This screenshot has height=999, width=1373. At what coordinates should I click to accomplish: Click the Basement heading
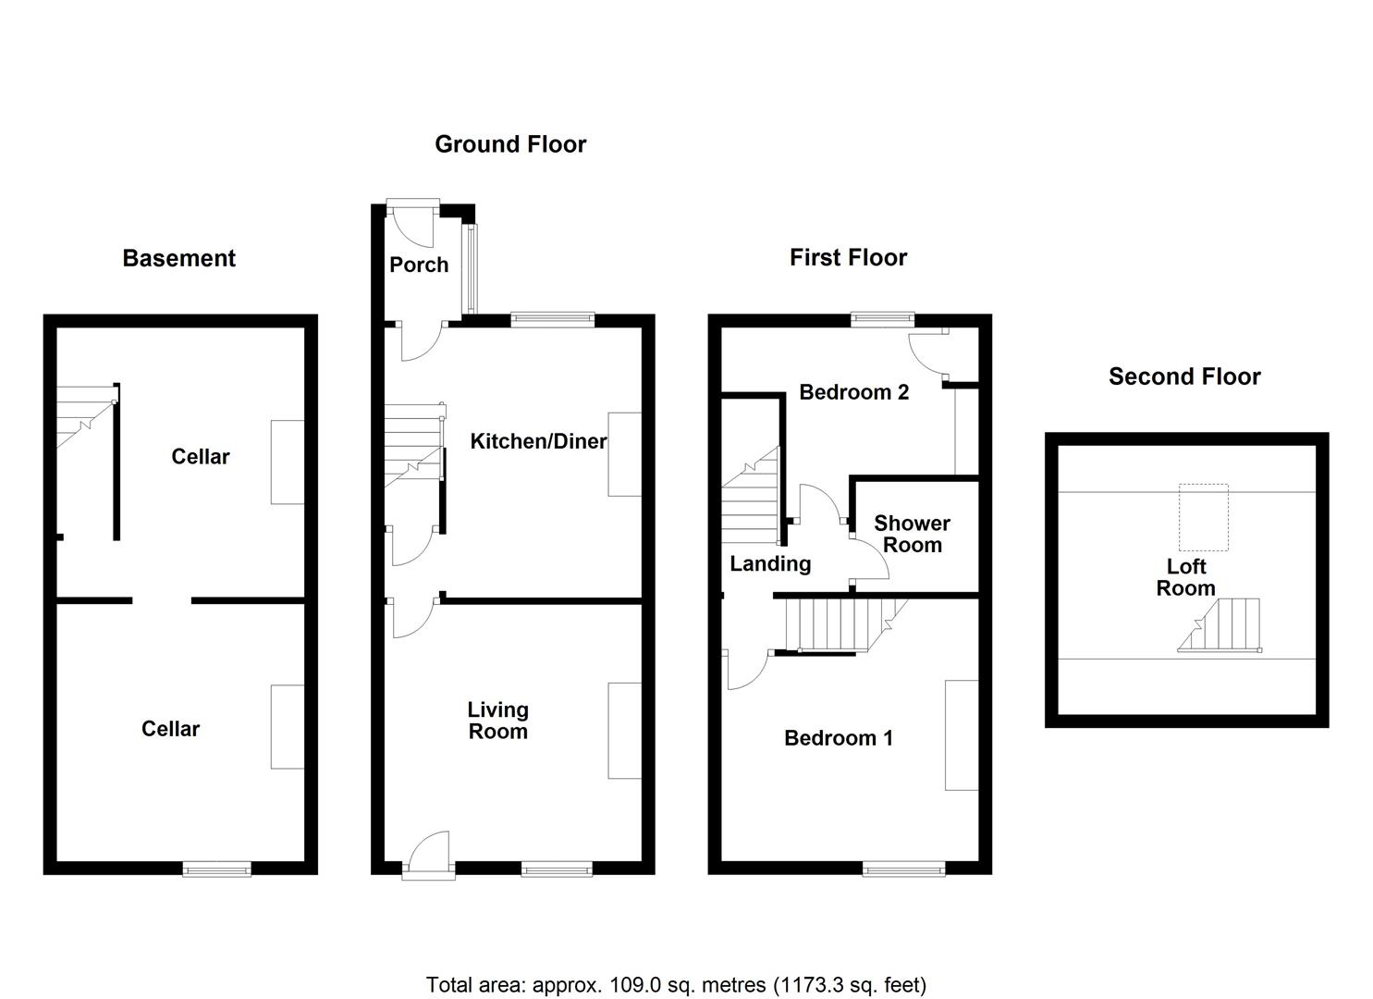coord(179,258)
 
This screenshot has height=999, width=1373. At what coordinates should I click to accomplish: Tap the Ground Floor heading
coord(510,144)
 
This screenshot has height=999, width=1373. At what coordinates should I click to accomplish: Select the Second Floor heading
coord(1184,376)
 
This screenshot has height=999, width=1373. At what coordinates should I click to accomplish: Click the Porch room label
coord(419,265)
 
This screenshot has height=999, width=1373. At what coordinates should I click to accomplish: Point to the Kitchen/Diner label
coord(538,441)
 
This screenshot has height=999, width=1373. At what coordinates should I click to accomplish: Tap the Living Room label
coord(497,720)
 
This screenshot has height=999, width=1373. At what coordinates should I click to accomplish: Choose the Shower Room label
coord(912,534)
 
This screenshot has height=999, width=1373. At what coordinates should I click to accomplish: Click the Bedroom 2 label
coord(853,392)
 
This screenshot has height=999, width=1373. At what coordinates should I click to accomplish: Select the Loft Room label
coord(1186,577)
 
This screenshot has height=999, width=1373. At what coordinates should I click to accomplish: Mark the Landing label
coord(770,563)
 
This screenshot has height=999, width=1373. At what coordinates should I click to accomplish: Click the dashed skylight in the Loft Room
coord(1204,517)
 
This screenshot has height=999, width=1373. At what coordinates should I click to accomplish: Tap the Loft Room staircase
coord(1220,625)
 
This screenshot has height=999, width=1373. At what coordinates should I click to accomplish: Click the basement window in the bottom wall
coord(217,869)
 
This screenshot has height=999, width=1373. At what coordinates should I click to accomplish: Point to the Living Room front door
coord(428,856)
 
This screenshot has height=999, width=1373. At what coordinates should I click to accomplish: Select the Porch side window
coord(472,268)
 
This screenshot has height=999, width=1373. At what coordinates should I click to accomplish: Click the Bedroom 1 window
coord(903,869)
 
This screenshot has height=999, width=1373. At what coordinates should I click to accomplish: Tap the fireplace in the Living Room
coord(625,731)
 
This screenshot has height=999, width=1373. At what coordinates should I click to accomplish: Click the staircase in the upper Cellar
coord(86,417)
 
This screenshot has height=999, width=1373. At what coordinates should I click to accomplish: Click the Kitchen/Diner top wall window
coord(553,319)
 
